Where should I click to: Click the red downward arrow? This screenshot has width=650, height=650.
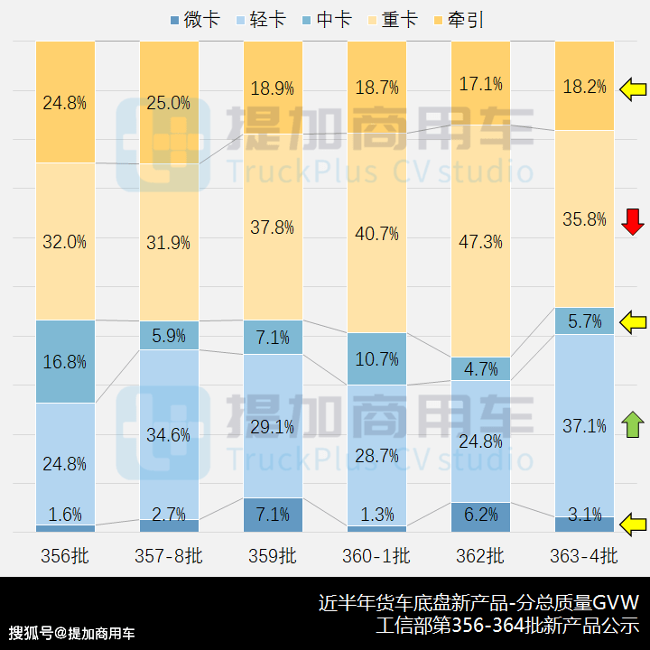coord(633,219)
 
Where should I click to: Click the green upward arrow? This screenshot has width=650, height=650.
coord(633,425)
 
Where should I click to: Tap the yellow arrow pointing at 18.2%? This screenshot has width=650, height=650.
coord(633,89)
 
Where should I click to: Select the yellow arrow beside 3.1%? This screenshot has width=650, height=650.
coord(633,522)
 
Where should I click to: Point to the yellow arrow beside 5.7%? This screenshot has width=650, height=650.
coord(633,320)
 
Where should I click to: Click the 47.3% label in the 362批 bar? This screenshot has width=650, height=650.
coord(480,242)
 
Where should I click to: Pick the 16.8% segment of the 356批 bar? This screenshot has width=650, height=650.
coord(65,361)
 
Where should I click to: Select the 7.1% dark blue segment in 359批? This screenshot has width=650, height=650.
coord(273,515)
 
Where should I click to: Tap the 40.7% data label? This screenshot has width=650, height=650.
coord(376,234)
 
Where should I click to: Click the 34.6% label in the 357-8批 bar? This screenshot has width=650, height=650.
coord(169,435)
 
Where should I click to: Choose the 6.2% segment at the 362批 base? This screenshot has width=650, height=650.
coord(480,515)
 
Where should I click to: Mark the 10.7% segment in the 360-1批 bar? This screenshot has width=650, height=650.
coord(376,358)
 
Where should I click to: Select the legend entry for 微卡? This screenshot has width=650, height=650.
coord(194,19)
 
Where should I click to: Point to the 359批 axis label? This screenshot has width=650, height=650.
coord(273,555)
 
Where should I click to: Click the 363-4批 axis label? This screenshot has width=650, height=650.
coord(584,555)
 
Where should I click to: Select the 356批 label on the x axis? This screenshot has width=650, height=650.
coord(65,555)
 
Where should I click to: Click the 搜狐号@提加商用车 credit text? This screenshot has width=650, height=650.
coord(72,632)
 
